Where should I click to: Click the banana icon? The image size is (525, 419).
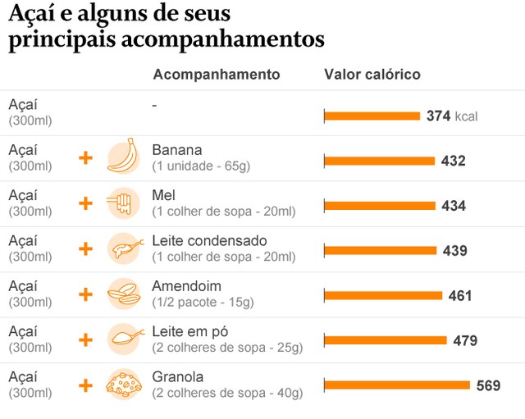click(123, 157)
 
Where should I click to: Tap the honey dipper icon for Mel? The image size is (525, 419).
click(123, 203)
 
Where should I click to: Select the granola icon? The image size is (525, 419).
click(123, 385)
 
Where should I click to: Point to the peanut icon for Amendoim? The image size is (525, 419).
click(123, 294)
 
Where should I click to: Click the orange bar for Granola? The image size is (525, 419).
click(397, 385)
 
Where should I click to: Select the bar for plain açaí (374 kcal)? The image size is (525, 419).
click(372, 116)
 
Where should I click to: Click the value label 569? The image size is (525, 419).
click(488, 385)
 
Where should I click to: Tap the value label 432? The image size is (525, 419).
click(453, 162)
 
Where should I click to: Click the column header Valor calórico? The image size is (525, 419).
click(372, 75)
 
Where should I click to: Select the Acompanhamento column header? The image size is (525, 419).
click(217, 75)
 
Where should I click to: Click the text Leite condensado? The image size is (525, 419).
click(209, 241)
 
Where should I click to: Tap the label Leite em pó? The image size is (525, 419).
click(189, 332)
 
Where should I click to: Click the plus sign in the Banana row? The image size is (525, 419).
click(85, 157)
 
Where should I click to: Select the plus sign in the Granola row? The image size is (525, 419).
click(85, 385)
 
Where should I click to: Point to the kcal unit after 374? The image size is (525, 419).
click(466, 116)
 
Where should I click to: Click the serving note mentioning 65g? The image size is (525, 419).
click(201, 166)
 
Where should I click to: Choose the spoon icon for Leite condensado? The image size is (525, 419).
click(123, 248)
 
